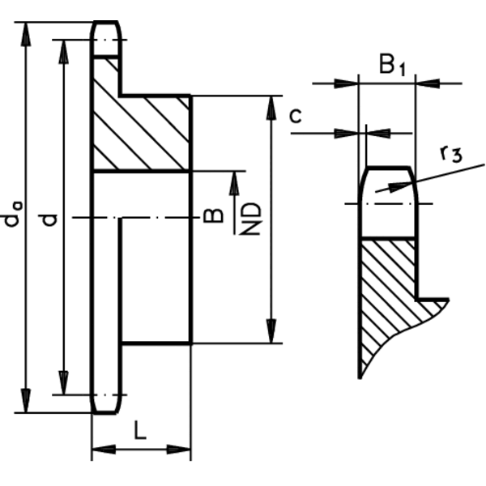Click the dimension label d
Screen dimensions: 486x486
pyautogui.click(x=50, y=219)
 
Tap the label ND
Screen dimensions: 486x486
pyautogui.click(x=254, y=219)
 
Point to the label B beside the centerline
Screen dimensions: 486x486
pyautogui.click(x=212, y=215)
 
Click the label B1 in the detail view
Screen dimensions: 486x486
pyautogui.click(x=391, y=65)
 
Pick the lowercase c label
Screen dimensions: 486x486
pyautogui.click(x=296, y=116)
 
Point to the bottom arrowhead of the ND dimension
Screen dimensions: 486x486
pyautogui.click(x=272, y=334)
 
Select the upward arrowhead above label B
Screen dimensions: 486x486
pyautogui.click(x=236, y=181)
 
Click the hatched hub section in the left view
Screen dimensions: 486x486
pyautogui.click(x=142, y=134)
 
